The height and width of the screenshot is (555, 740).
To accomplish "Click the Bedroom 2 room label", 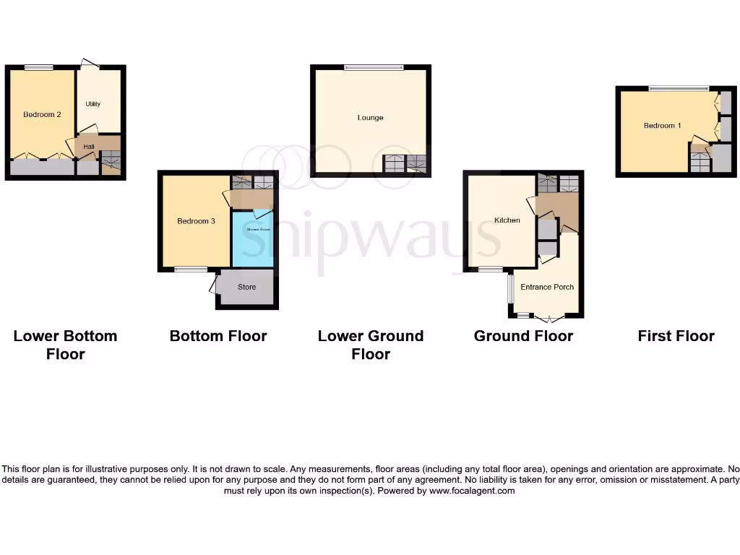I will coord(41,114).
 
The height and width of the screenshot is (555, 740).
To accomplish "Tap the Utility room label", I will coord(93,104).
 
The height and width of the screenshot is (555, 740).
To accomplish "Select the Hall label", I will coord(89,147).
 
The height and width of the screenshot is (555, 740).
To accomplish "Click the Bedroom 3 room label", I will coord(197,221).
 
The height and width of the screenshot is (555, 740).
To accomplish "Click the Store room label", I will coord(247,287).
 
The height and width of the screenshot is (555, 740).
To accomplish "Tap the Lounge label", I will coord(370,118).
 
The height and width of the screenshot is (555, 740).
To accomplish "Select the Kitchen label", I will coord(507,220).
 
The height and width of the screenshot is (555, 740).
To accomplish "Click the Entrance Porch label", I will coord(547,287).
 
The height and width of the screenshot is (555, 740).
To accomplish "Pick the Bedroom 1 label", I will coord(662,126).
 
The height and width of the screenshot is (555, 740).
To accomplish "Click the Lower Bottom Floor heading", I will coord(65,345).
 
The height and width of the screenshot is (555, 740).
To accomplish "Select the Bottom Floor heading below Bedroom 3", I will coord(218,336).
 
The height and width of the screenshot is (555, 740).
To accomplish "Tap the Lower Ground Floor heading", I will coord(371,345).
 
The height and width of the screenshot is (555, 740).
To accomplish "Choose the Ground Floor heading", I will coord(523,336).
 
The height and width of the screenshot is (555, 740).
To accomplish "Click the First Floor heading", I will coord(676,336).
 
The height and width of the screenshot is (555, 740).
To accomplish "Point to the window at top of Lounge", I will coord(374,68).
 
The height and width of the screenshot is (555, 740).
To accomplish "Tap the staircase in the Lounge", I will coord(405,164).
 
